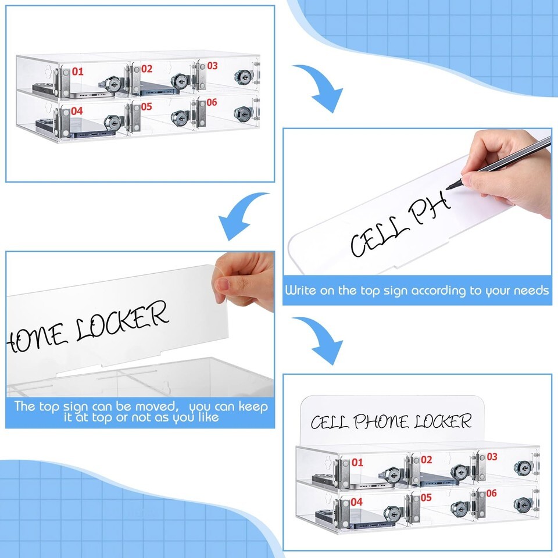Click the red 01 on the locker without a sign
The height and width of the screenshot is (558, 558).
[77, 71]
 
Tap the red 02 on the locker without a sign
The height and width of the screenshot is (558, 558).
[146, 69]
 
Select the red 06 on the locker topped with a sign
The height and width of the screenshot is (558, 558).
[491, 493]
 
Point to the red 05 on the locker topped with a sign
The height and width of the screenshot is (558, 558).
[426, 497]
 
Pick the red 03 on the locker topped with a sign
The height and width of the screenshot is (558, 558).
[492, 457]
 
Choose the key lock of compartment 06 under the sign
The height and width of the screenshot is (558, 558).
[523, 505]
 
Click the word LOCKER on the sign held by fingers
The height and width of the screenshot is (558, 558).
[122, 321]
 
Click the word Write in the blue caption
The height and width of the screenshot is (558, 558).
[301, 290]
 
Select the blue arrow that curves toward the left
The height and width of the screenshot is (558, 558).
[243, 216]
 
